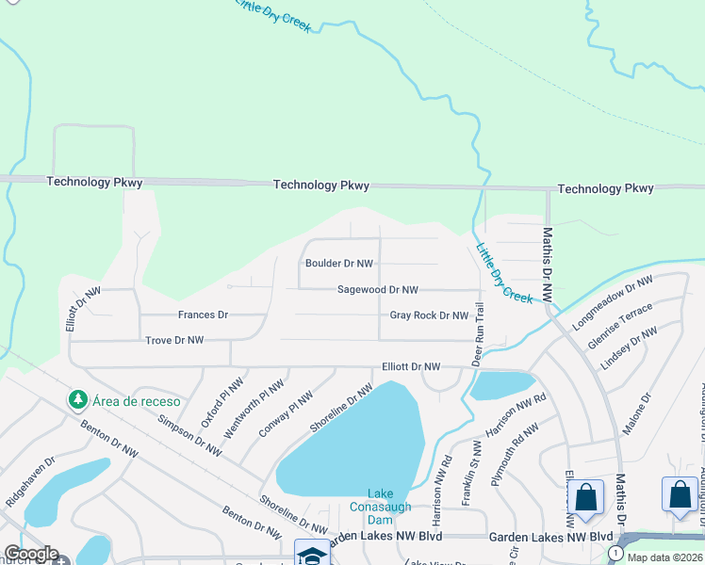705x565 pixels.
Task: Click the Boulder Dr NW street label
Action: pos(338,264)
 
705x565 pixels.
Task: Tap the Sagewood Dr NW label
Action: pos(377,290)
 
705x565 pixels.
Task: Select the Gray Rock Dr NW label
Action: pos(429,315)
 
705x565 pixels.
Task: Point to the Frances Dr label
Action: pos(203,315)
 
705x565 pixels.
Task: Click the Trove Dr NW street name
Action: pos(173,340)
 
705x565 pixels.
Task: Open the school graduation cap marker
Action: pos(312,554)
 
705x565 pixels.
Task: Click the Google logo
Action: pos(30,555)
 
